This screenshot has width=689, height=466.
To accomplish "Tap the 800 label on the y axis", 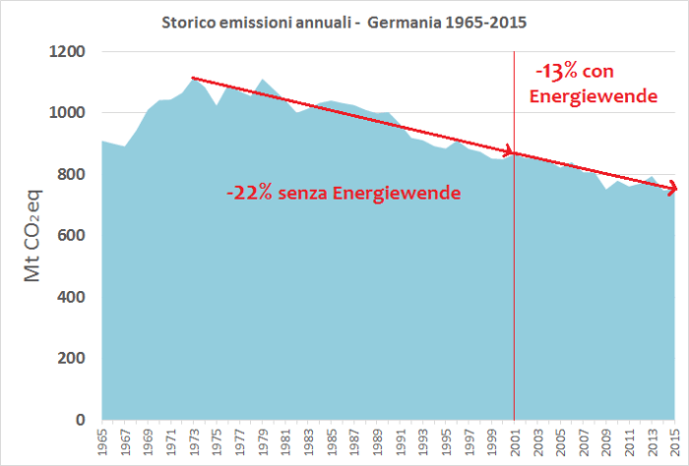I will (72, 174).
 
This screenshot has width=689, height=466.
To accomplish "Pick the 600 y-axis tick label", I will (72, 236).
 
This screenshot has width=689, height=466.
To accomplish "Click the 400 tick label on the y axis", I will (72, 297).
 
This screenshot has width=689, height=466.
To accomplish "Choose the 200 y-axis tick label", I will (72, 359).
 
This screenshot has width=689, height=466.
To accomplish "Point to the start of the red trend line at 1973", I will (192, 77).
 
